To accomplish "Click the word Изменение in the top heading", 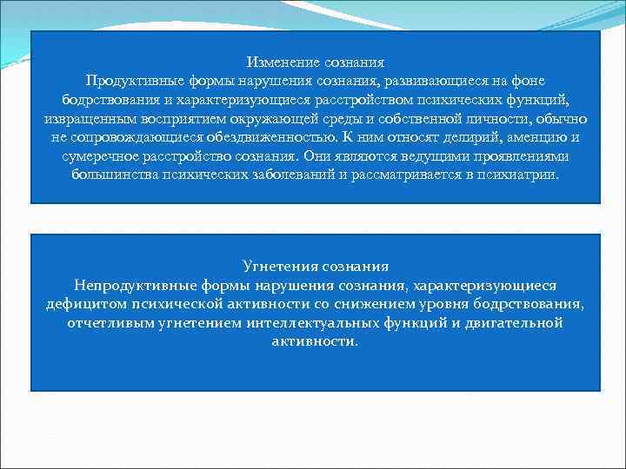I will [283, 63].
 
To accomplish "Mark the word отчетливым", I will [105, 322].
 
